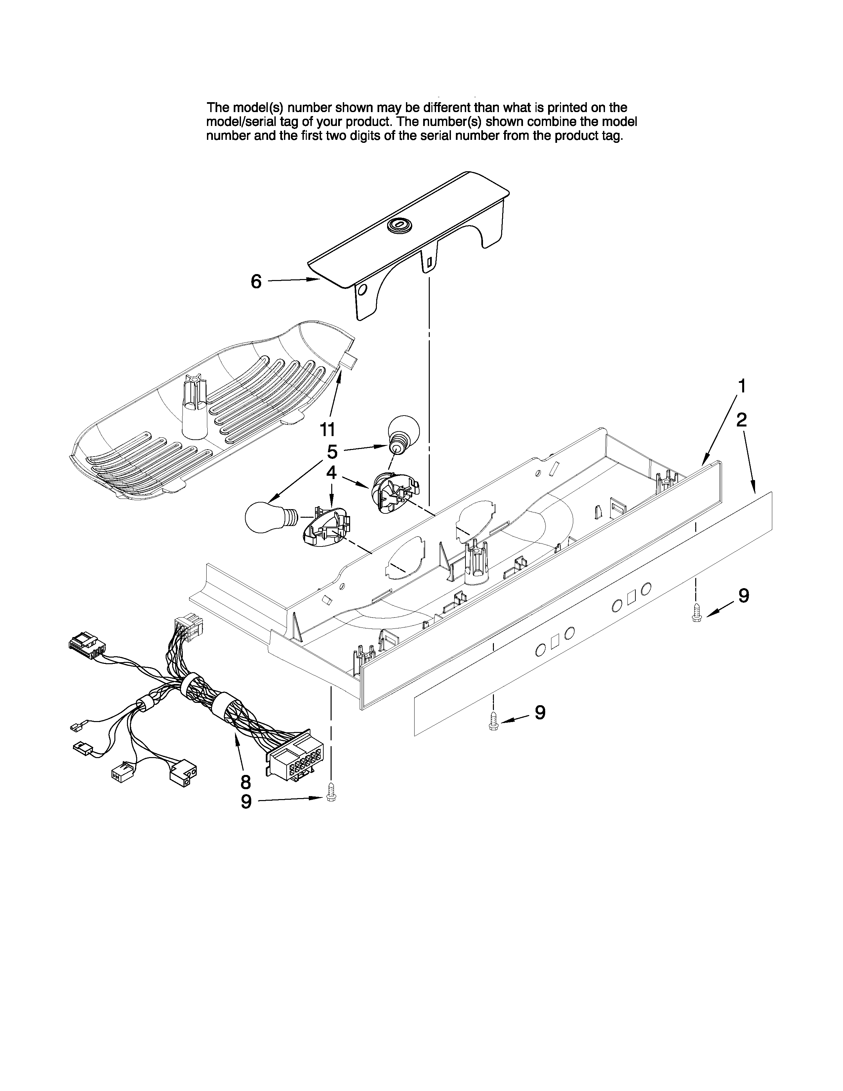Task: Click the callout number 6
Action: click(x=256, y=282)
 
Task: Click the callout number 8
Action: click(x=245, y=782)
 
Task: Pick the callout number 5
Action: click(x=332, y=452)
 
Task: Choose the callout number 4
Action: click(x=332, y=472)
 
